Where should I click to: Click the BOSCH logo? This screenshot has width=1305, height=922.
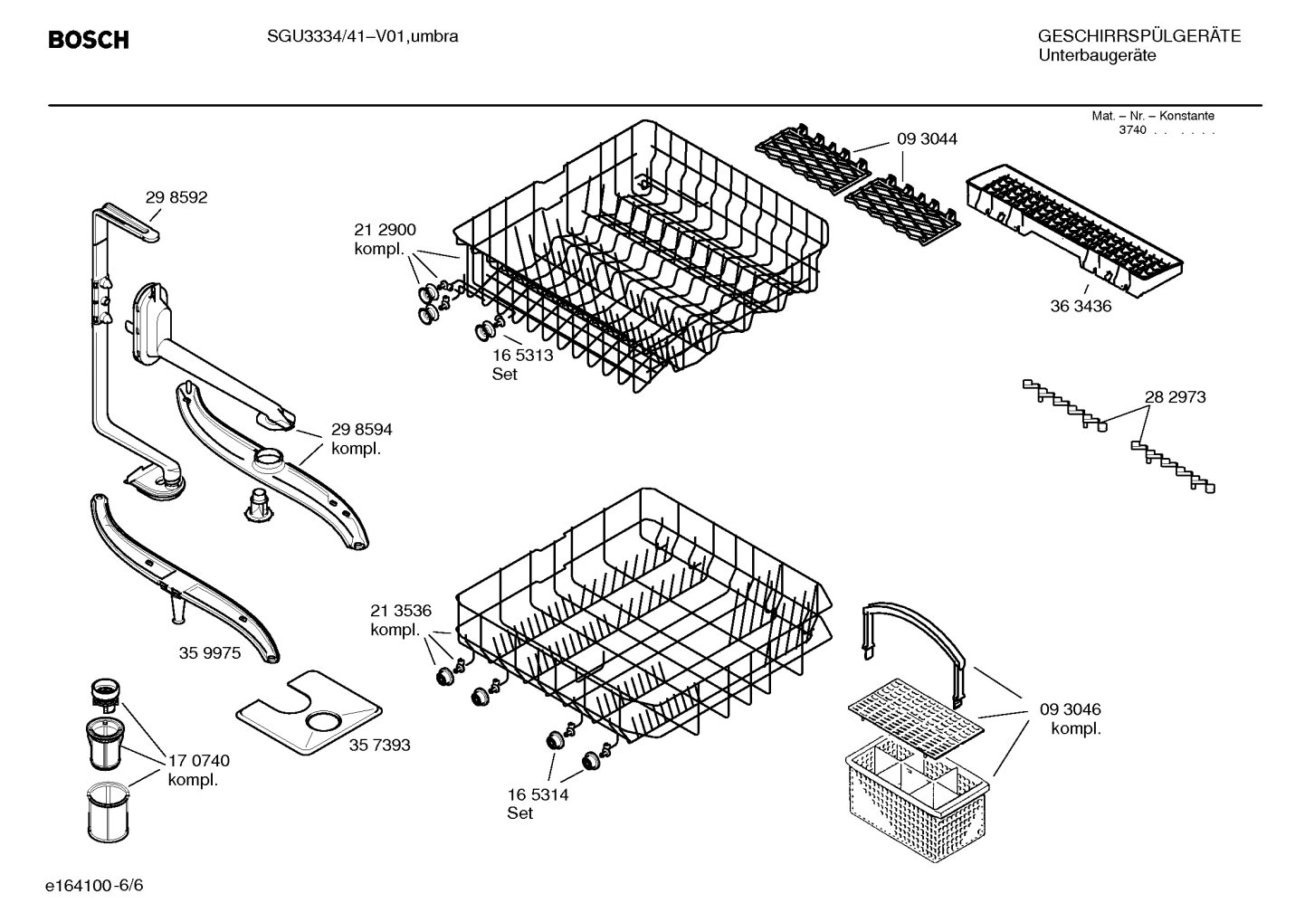(x=88, y=40)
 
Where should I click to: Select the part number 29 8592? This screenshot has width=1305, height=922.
(x=176, y=197)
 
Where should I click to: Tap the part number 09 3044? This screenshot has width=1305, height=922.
(x=927, y=138)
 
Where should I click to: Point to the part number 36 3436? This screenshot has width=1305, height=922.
(x=1081, y=306)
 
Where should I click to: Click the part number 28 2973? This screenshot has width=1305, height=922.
(x=1175, y=396)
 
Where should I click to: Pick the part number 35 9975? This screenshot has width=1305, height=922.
(x=210, y=652)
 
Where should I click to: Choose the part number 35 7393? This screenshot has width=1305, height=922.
(x=379, y=745)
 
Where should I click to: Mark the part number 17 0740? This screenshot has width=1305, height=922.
(x=199, y=761)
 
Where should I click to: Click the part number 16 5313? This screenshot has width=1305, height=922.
(x=522, y=356)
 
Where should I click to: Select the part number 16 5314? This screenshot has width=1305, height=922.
(x=538, y=794)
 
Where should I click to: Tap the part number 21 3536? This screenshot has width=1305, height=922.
(x=400, y=610)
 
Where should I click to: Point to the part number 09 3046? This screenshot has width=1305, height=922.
(x=1070, y=709)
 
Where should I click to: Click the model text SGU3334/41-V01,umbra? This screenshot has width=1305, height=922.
(x=362, y=36)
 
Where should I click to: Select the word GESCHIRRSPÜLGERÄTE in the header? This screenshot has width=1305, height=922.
(x=1138, y=36)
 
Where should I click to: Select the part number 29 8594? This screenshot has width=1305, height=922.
(x=361, y=429)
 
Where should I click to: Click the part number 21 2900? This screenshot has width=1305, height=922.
(x=385, y=230)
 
